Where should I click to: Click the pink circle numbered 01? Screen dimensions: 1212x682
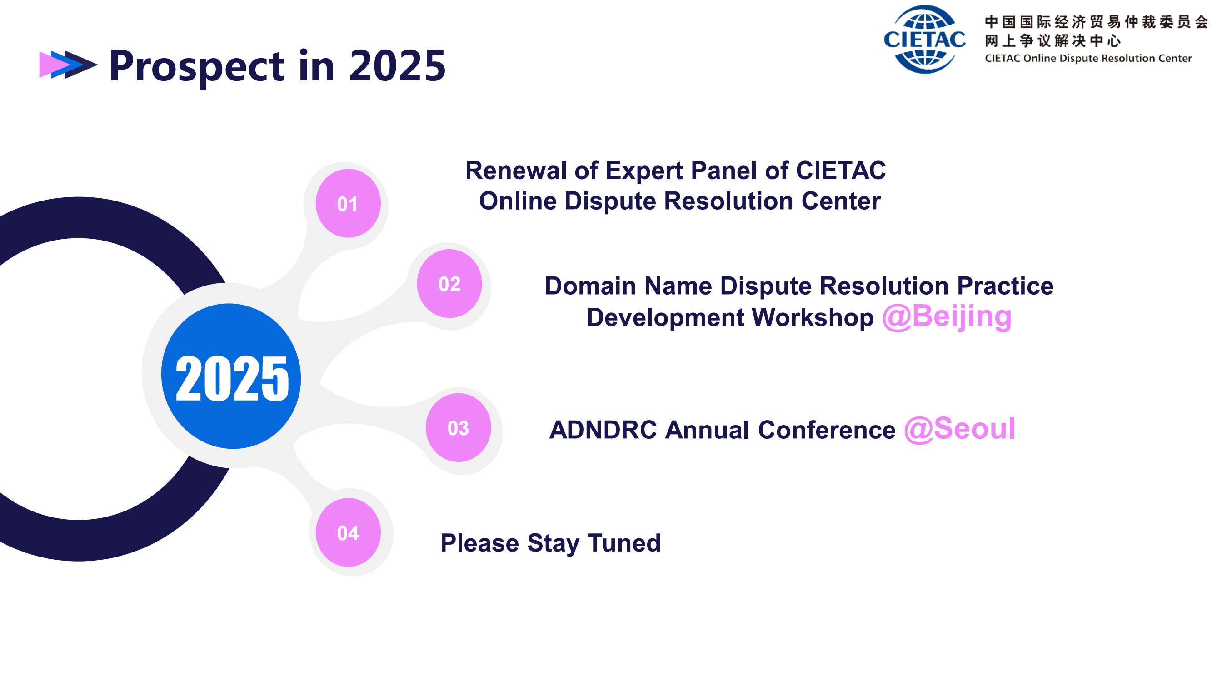(x=348, y=203)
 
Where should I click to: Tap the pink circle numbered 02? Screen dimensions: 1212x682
(x=449, y=283)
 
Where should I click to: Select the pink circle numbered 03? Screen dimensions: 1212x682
(x=458, y=427)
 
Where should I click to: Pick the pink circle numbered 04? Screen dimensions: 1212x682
(x=348, y=532)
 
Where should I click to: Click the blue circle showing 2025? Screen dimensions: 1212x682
(x=231, y=376)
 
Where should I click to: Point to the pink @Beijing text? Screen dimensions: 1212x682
(x=947, y=317)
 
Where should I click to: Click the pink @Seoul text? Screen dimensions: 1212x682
(x=959, y=429)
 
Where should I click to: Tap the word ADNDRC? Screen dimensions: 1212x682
(x=603, y=430)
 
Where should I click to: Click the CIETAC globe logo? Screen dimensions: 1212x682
(x=924, y=39)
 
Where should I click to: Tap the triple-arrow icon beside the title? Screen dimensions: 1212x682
(x=68, y=65)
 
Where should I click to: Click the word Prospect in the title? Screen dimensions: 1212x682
(x=197, y=67)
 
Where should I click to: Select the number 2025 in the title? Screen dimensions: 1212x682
(x=397, y=65)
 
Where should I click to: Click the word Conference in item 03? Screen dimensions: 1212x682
(x=827, y=430)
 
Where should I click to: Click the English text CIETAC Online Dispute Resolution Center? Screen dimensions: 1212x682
(x=1088, y=58)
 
